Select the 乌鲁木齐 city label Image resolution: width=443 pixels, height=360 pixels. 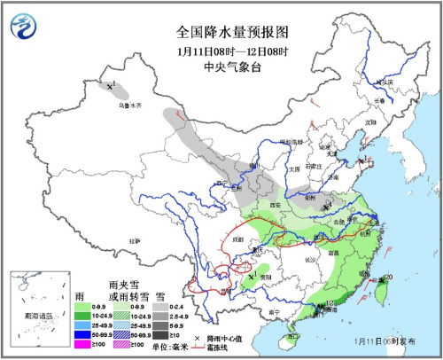click(130, 106)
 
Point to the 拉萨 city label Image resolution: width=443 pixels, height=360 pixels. click(135, 240)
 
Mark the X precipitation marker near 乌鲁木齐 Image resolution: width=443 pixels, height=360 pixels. click(111, 86)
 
